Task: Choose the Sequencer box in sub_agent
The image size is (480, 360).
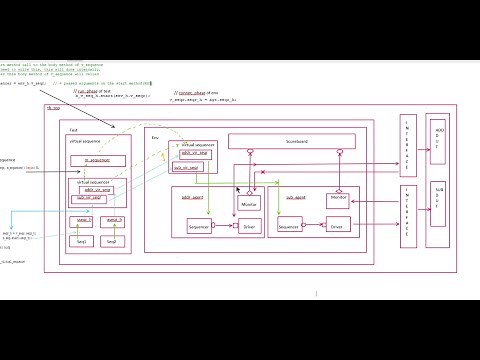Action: (x=290, y=228)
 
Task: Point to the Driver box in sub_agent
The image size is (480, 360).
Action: (x=337, y=228)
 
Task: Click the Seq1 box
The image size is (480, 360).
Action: (x=84, y=242)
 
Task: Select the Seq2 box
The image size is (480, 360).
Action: (x=111, y=242)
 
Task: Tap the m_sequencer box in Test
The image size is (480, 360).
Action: (x=97, y=160)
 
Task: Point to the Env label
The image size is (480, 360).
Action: (x=154, y=133)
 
